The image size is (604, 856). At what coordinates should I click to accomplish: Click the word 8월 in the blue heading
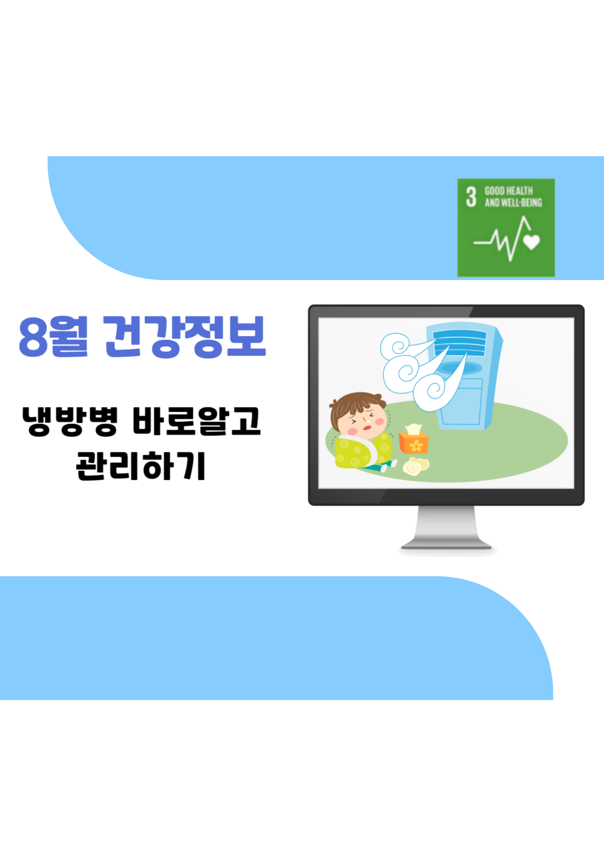point(53,336)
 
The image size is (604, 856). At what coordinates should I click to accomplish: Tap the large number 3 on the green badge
point(471,197)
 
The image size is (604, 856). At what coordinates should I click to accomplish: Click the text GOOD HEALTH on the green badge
point(508,191)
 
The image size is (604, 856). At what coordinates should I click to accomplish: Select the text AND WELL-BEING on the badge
point(513,202)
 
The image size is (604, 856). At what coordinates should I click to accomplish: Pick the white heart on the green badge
point(531,242)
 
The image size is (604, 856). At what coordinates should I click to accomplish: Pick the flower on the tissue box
point(416,445)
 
